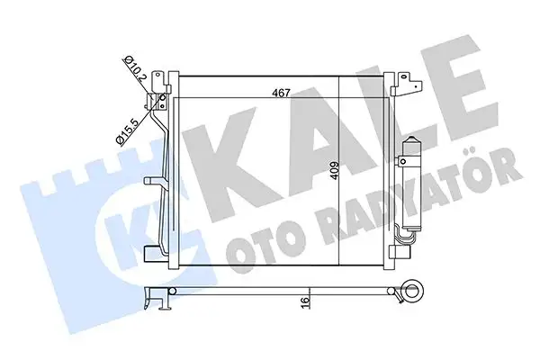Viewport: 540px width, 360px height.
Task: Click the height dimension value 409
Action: [333, 171]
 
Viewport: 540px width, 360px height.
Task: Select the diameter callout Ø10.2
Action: [138, 68]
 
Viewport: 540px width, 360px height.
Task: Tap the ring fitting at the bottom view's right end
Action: [417, 291]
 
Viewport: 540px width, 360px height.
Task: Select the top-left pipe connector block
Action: [161, 82]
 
